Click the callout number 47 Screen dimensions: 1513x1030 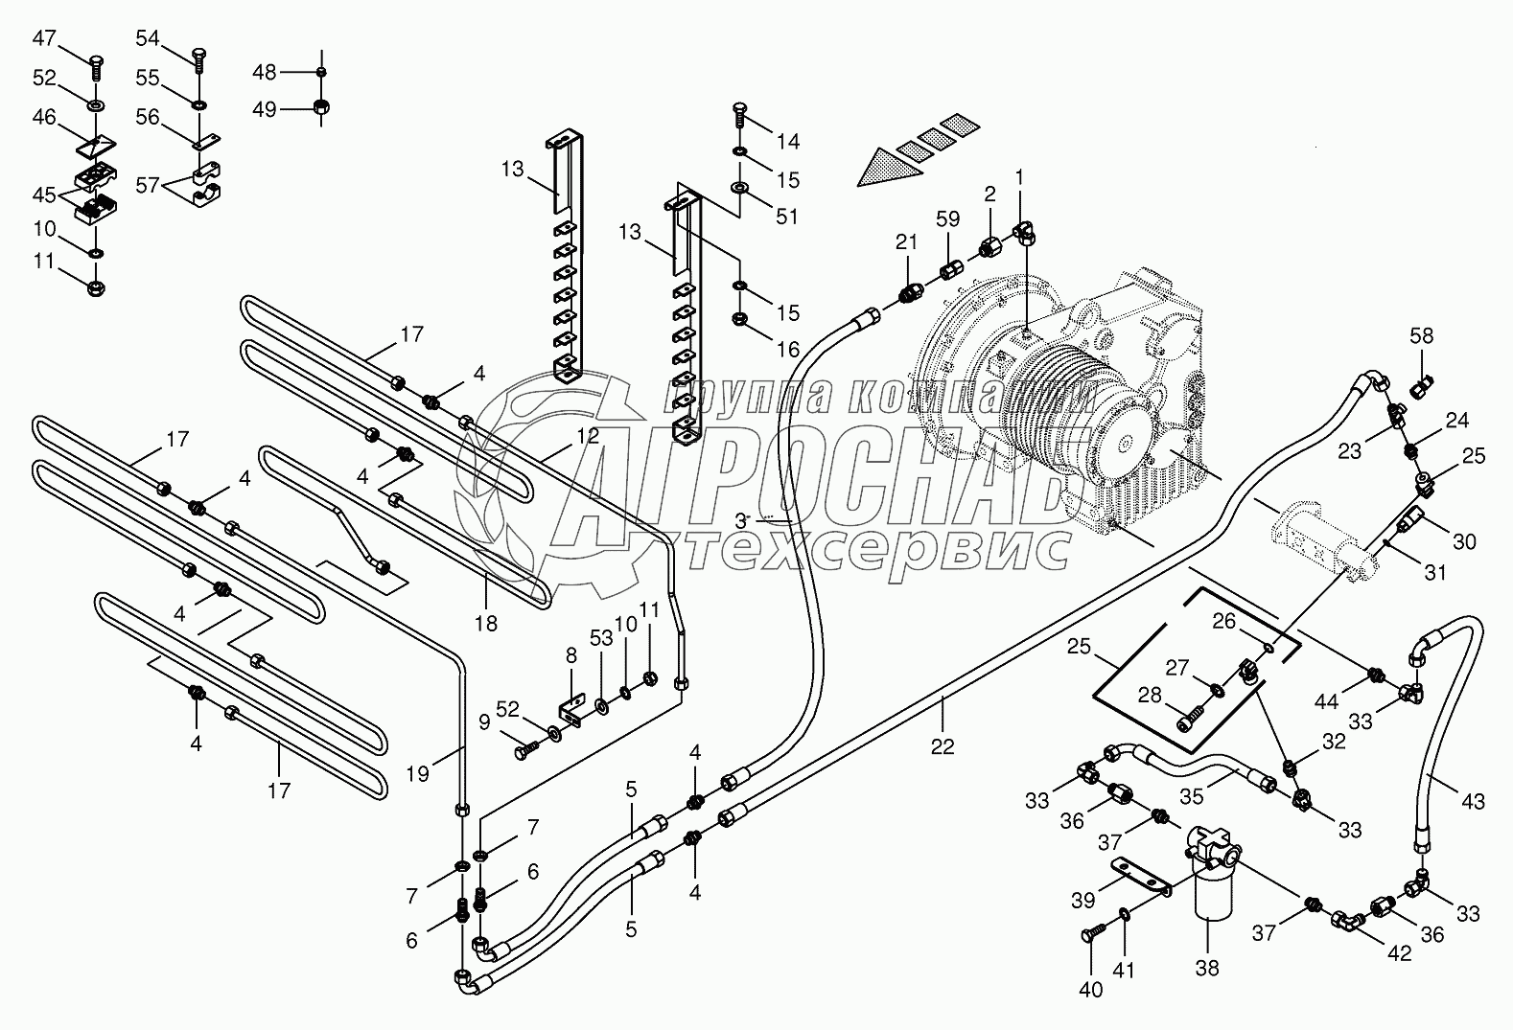pyautogui.click(x=44, y=39)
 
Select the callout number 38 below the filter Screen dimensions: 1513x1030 pyautogui.click(x=1207, y=968)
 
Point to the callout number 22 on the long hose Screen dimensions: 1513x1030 pyautogui.click(x=943, y=744)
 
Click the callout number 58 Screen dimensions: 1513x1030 pyautogui.click(x=1422, y=335)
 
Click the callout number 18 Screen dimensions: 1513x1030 pyautogui.click(x=486, y=623)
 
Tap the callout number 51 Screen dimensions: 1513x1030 pyautogui.click(x=786, y=217)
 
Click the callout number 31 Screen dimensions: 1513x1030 pyautogui.click(x=1434, y=573)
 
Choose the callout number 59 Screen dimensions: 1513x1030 pyautogui.click(x=947, y=219)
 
